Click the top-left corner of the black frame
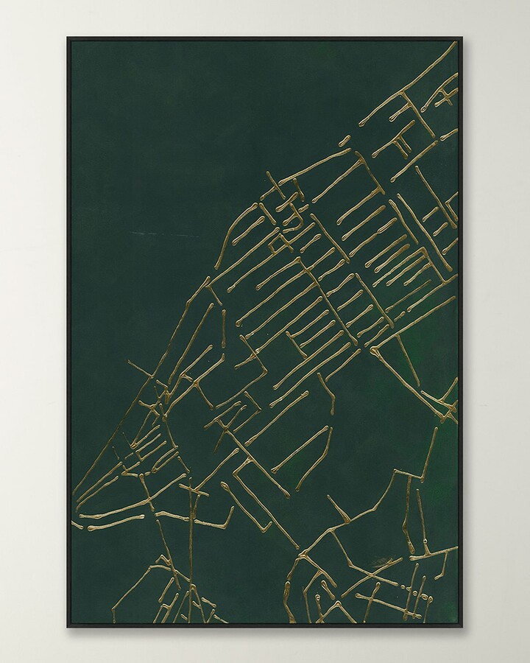click(x=68, y=38)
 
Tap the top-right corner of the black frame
click(x=462, y=38)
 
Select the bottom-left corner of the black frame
click(x=68, y=627)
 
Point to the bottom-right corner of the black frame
click(x=462, y=627)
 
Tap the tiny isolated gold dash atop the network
click(x=344, y=139)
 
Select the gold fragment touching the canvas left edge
click(x=76, y=525)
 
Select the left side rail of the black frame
click(x=68, y=331)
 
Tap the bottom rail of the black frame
click(x=265, y=625)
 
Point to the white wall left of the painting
click(x=33, y=331)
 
